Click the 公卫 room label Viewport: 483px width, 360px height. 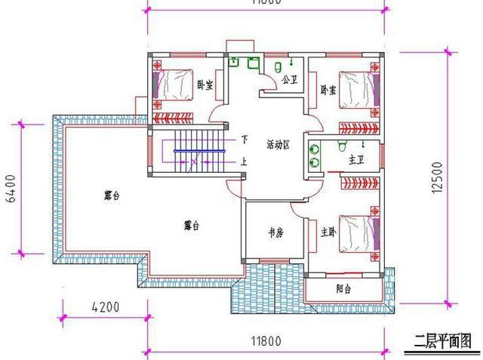288,78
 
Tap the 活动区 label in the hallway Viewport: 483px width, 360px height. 279,143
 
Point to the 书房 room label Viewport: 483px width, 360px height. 275,233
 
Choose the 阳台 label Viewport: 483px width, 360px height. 345,288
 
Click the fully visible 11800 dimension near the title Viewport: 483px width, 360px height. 262,340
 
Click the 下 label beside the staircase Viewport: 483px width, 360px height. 244,139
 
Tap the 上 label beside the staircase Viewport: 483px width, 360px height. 244,160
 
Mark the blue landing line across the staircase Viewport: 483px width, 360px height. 197,151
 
